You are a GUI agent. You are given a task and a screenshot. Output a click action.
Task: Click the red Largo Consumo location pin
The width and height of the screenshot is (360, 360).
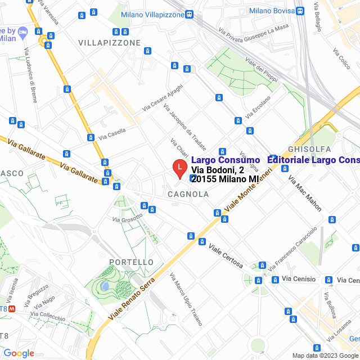tap(179, 168)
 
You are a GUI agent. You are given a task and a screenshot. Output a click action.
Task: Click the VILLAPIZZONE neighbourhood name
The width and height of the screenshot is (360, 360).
tap(109, 43)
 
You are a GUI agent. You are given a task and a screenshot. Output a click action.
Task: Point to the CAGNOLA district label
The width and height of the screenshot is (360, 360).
tap(188, 194)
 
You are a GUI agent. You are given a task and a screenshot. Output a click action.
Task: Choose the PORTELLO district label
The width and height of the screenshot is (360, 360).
tap(131, 262)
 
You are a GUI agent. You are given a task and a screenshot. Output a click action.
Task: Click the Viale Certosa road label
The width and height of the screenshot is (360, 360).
tap(226, 255)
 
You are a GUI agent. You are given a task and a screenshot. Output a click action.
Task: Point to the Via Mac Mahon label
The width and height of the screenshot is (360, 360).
tap(305, 193)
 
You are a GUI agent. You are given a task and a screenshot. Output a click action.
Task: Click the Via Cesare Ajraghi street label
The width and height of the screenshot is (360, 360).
tap(163, 97)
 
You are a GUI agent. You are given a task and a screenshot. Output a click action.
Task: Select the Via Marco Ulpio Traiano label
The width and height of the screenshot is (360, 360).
tap(186, 298)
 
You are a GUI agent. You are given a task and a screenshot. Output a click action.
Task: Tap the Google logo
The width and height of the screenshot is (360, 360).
tap(19, 353)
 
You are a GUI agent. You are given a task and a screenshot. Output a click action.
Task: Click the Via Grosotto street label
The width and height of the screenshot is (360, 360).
tap(127, 219)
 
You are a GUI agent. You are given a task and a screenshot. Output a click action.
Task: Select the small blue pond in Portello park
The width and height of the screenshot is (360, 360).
tap(105, 286)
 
